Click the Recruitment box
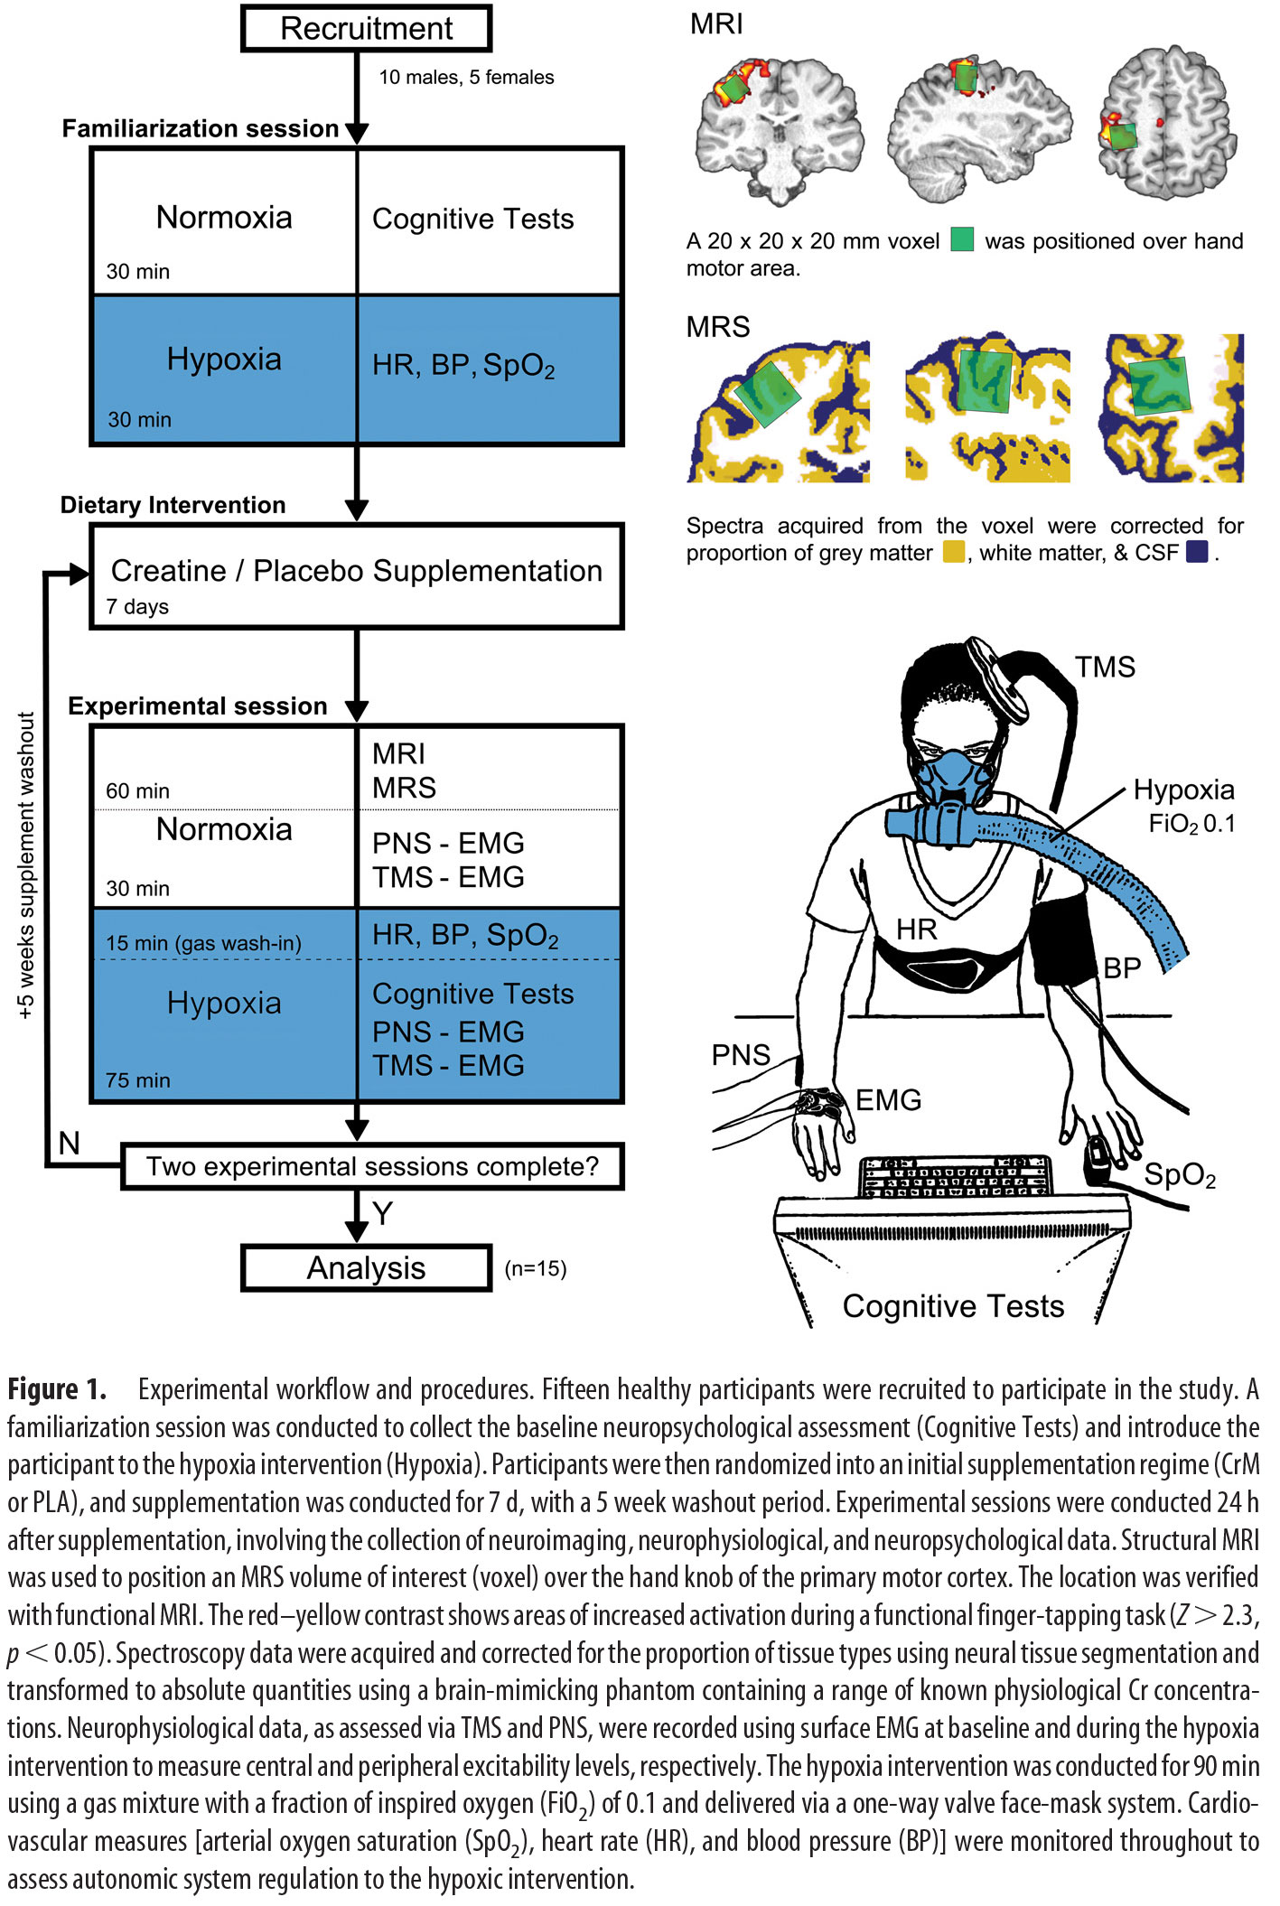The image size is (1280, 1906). click(x=366, y=29)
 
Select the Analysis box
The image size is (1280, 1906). click(x=366, y=1268)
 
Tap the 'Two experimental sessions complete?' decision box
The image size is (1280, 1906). click(x=372, y=1166)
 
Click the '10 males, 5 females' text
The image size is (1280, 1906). click(x=466, y=78)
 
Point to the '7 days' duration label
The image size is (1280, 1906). click(x=137, y=607)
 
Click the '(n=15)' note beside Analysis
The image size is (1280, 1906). click(x=536, y=1268)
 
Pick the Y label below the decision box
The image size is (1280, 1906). click(x=382, y=1213)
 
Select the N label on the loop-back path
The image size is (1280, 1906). click(x=70, y=1144)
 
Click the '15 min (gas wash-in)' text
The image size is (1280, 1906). click(x=203, y=943)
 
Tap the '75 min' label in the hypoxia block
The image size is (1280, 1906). click(x=137, y=1080)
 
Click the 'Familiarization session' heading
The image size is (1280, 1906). click(x=200, y=129)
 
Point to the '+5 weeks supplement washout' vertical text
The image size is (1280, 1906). click(x=26, y=865)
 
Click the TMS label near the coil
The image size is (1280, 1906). click(x=1105, y=667)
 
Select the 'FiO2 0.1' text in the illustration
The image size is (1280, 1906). click(x=1191, y=824)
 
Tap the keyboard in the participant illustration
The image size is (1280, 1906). click(x=954, y=1176)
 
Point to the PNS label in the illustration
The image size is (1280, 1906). click(x=741, y=1055)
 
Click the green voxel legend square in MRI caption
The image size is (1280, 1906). click(x=962, y=240)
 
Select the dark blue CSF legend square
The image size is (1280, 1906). click(x=1197, y=552)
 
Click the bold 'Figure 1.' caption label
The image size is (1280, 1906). click(x=57, y=1389)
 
